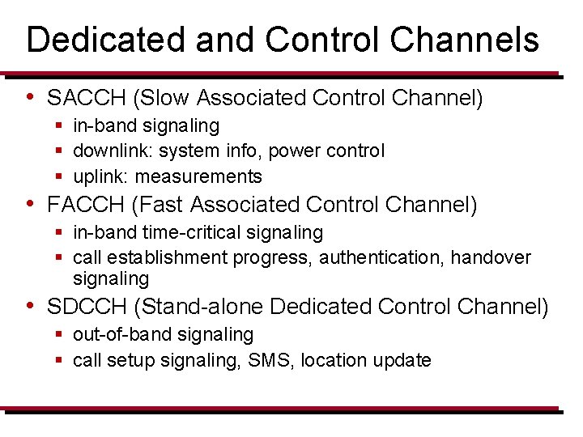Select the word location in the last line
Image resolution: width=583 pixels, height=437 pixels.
click(332, 360)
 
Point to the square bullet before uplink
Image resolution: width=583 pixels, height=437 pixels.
click(60, 176)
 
